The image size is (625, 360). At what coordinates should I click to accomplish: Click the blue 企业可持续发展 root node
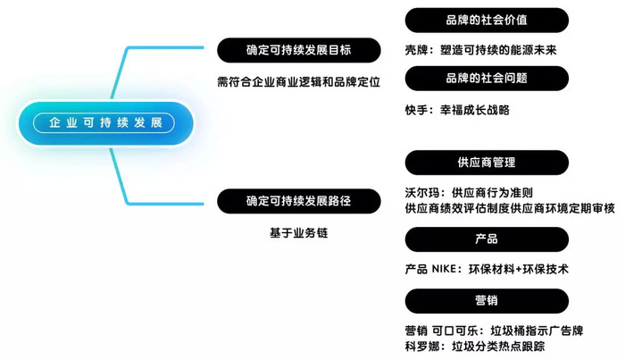105,122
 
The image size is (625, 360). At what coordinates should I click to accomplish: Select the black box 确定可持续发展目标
299,50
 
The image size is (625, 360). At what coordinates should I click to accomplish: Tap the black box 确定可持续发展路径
299,201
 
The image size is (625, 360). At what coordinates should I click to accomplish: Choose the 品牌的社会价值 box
487,20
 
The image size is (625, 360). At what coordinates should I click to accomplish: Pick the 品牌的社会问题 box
487,78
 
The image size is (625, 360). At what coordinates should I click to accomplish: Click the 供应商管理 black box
487,163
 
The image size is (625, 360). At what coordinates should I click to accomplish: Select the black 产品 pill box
487,239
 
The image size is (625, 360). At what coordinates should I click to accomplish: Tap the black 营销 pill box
487,301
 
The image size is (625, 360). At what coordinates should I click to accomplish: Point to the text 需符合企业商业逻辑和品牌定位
298,82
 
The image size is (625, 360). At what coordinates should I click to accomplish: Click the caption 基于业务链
298,233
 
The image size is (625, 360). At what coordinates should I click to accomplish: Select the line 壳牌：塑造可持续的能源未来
480,50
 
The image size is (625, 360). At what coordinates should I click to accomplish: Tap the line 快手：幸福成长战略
457,110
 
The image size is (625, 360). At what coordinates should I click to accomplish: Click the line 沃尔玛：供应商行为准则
469,193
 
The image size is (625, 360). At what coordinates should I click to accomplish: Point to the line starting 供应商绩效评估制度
510,208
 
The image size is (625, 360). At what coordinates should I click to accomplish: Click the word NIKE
444,269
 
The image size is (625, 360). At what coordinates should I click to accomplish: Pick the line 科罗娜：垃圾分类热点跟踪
475,347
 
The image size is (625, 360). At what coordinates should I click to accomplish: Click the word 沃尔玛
422,193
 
